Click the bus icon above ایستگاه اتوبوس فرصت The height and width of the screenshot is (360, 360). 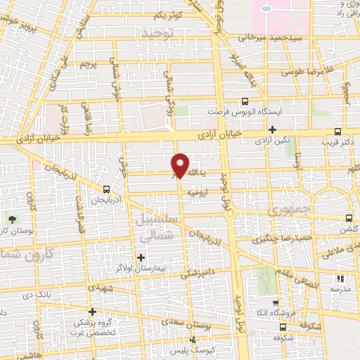[244, 101]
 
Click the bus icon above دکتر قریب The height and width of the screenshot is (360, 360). [338, 131]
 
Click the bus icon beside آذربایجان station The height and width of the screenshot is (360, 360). [105, 189]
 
